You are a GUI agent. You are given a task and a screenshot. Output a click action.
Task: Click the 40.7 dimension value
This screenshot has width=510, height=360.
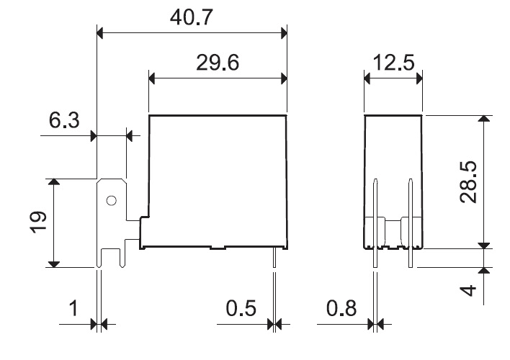(192, 17)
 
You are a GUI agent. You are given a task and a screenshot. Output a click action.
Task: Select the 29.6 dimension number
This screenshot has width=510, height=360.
(218, 63)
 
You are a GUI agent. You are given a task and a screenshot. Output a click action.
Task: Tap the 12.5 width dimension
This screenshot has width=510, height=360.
(393, 63)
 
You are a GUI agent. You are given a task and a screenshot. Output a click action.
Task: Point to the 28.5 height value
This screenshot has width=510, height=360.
(468, 182)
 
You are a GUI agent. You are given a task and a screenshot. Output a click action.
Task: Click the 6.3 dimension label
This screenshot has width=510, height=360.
(64, 120)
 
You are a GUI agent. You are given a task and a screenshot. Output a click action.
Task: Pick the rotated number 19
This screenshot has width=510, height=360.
(38, 222)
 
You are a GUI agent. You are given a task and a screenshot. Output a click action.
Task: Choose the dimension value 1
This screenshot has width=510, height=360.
(73, 308)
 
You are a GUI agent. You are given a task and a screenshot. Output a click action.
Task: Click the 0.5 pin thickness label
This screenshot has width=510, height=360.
(241, 308)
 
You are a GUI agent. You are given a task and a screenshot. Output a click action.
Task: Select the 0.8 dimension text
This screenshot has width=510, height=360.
(341, 308)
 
